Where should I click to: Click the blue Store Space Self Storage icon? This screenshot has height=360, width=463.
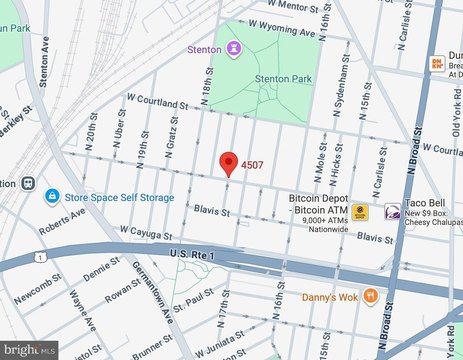tap(50, 197)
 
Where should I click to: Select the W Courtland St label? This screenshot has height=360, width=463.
tap(156, 101)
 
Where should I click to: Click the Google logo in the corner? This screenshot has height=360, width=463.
tap(29, 349)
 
